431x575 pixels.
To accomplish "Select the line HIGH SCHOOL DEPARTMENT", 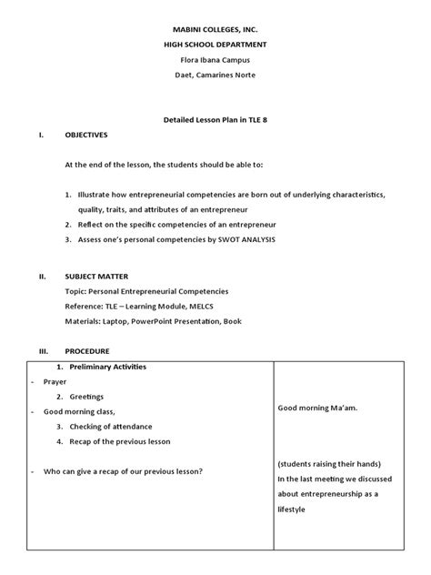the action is tap(215, 45).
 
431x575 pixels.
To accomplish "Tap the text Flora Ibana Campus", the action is tap(215, 61).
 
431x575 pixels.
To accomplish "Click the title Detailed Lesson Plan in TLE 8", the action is tap(215, 120).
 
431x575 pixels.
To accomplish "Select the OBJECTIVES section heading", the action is tap(86, 135).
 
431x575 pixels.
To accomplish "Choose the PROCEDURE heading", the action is tap(87, 349).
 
